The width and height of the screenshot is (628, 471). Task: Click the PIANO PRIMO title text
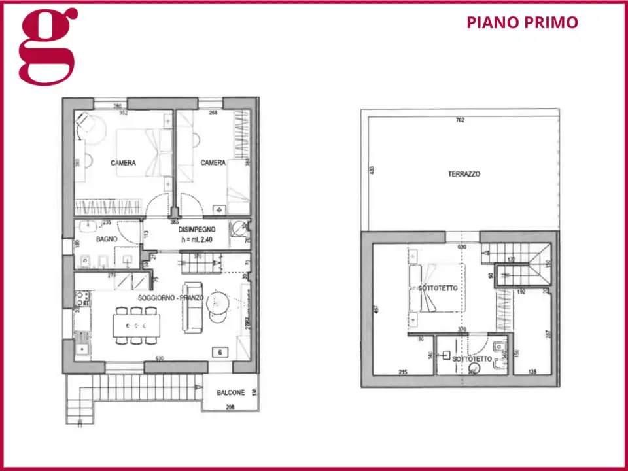click(x=522, y=22)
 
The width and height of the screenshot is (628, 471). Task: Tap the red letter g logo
click(x=48, y=45)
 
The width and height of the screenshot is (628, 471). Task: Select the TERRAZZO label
click(x=464, y=174)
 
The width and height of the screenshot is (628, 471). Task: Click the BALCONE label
click(x=230, y=392)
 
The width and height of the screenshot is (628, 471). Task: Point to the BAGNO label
click(x=107, y=239)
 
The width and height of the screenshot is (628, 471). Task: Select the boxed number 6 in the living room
click(x=220, y=352)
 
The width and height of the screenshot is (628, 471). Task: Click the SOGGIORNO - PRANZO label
click(x=171, y=298)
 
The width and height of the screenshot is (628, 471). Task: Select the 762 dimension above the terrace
click(x=460, y=120)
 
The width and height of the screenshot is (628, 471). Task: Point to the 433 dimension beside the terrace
click(x=371, y=171)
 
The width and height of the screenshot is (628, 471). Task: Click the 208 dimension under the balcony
click(x=230, y=407)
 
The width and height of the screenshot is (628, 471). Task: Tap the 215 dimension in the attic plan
click(x=404, y=372)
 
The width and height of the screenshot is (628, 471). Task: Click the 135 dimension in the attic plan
click(x=532, y=372)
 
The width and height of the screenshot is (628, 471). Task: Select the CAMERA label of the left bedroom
click(x=123, y=163)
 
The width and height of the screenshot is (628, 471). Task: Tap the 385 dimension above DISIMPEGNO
click(x=175, y=222)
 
